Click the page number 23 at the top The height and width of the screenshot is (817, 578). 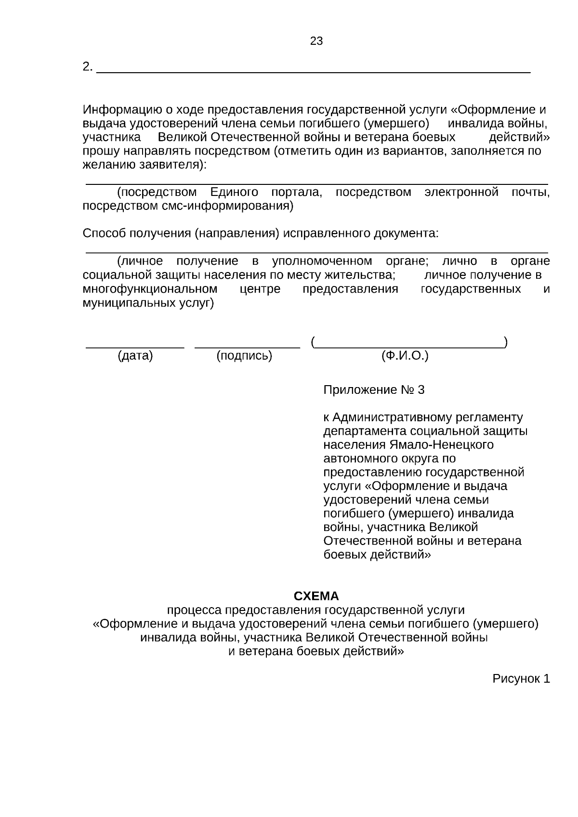coord(316,41)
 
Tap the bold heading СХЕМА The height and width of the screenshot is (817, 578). coord(316,596)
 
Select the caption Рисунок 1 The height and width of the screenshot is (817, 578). coord(521,679)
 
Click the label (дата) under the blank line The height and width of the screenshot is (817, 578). coord(135,356)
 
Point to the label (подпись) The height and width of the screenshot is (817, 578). coord(244,356)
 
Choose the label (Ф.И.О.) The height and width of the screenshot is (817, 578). coord(405,356)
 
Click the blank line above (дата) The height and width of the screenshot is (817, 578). coord(135,346)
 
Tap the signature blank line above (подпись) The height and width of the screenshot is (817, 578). coord(247,346)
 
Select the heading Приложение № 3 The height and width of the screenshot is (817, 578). coord(374,390)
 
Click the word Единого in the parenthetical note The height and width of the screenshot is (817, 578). coord(234,193)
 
